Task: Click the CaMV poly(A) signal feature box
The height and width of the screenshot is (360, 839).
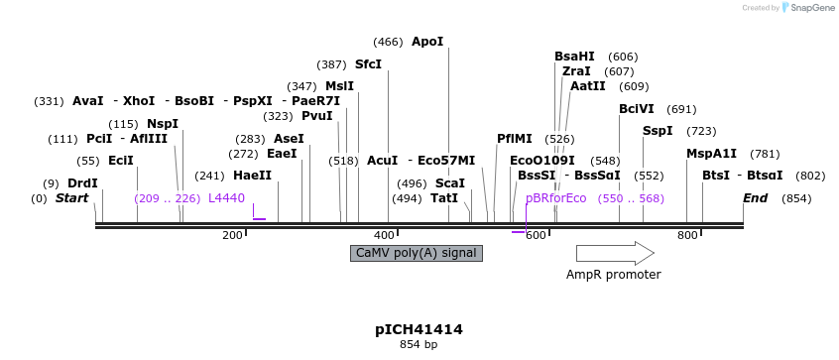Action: click(x=417, y=253)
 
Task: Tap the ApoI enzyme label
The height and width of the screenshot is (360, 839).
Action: click(x=427, y=42)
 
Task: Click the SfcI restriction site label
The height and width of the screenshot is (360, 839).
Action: click(x=368, y=64)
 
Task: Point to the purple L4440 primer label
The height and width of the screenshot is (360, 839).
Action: click(x=226, y=198)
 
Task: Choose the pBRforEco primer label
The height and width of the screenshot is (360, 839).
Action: click(x=556, y=198)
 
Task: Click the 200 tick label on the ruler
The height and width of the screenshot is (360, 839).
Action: click(x=232, y=235)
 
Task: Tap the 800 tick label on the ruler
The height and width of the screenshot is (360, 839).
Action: click(x=687, y=235)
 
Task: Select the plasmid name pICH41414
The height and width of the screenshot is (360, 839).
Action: click(x=419, y=329)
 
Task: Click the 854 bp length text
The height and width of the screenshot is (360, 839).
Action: click(x=419, y=345)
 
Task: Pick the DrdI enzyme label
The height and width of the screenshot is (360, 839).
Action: click(x=82, y=183)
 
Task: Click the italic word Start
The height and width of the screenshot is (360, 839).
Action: click(x=71, y=198)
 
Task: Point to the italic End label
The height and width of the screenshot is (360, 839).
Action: click(x=756, y=198)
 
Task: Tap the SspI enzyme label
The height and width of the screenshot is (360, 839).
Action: click(x=658, y=131)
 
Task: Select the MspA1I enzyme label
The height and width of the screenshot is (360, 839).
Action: click(x=711, y=154)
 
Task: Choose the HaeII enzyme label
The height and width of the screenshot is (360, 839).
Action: click(x=252, y=176)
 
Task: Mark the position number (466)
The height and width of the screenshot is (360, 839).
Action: click(x=388, y=42)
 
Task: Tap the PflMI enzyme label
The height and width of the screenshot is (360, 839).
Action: click(x=515, y=139)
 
